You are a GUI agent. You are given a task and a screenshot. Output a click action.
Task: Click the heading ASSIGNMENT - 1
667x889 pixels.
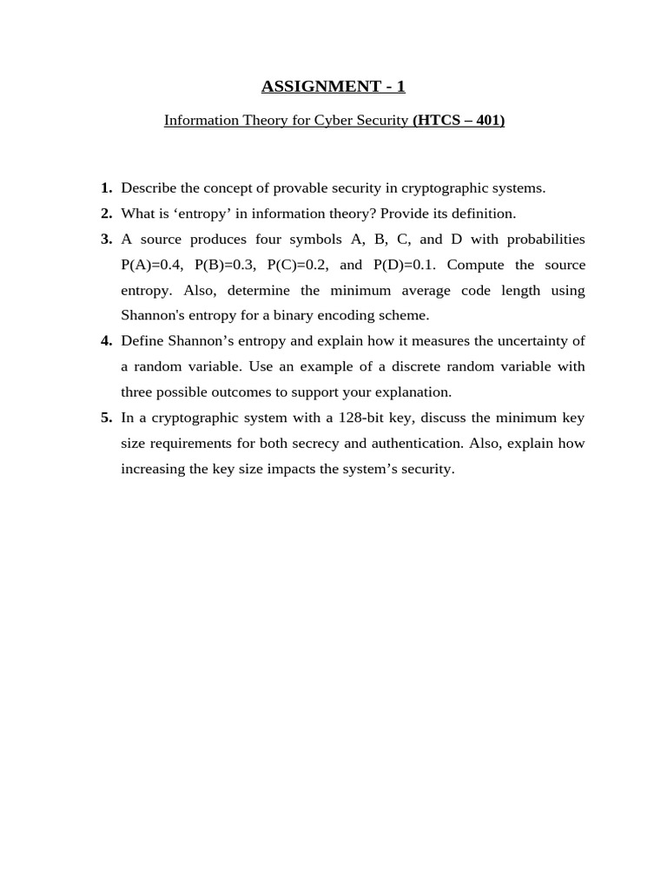click(x=333, y=86)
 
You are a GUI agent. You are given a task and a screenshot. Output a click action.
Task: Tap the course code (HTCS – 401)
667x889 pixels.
click(x=459, y=121)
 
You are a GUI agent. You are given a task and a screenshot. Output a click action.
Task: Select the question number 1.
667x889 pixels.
click(x=106, y=188)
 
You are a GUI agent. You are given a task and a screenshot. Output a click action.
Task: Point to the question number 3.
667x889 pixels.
click(x=106, y=239)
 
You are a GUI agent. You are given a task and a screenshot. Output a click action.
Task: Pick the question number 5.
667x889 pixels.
click(x=106, y=418)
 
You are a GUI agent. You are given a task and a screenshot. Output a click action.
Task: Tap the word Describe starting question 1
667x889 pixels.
click(x=149, y=188)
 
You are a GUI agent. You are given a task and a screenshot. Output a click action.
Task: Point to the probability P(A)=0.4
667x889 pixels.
click(x=152, y=265)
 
